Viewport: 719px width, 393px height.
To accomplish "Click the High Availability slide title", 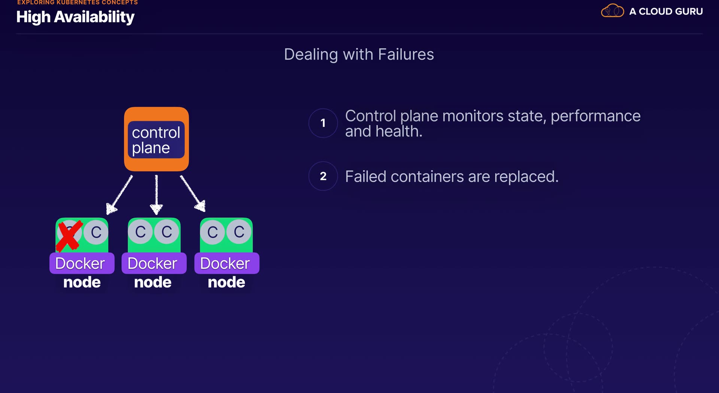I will click(x=75, y=17).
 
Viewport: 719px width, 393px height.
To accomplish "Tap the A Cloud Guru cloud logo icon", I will click(x=612, y=11).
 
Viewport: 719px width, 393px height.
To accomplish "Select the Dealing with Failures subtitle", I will click(x=359, y=55).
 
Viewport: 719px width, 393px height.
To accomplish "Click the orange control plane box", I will click(x=156, y=139).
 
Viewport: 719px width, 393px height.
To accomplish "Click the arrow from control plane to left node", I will click(x=119, y=195).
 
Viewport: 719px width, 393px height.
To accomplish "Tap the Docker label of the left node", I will click(x=80, y=263).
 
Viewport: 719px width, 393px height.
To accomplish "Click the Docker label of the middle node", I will click(x=152, y=263).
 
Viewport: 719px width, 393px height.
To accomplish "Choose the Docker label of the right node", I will click(x=225, y=263).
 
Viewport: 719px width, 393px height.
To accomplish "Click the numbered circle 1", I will click(x=323, y=123).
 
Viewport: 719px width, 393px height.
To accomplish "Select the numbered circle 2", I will click(x=323, y=176).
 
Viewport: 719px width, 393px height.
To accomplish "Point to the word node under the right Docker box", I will click(x=227, y=282).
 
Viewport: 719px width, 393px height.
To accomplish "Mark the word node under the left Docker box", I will click(x=82, y=282).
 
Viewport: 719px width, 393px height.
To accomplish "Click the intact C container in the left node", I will click(x=96, y=232).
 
